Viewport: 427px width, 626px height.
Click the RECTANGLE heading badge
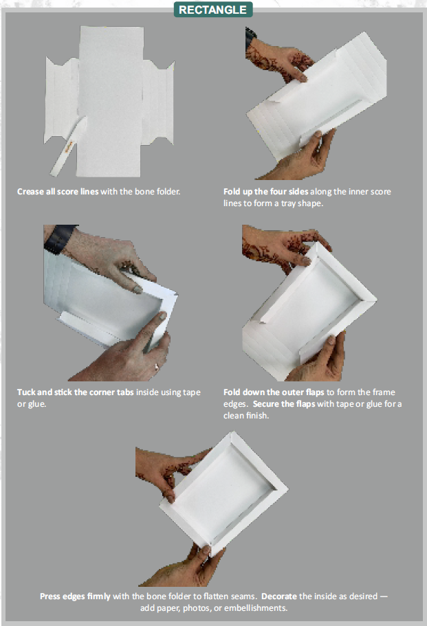212,10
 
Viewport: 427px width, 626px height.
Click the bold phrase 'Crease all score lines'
58,191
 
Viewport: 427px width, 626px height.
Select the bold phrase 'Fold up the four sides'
266,191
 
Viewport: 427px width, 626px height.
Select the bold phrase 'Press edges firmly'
74,596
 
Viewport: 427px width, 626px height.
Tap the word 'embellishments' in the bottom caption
254,608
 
